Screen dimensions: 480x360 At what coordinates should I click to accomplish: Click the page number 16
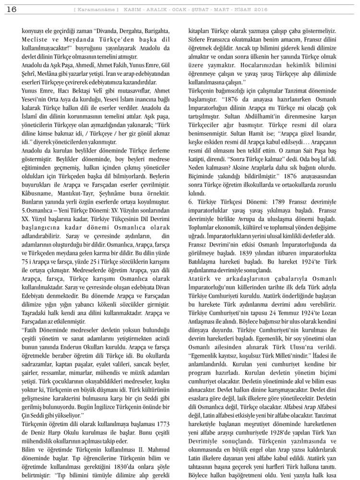coord(10,10)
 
